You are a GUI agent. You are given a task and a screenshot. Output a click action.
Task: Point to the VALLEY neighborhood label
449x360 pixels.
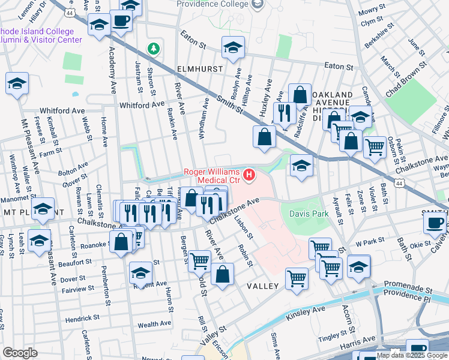point(263,286)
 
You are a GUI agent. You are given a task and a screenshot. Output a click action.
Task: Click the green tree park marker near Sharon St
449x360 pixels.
point(154,47)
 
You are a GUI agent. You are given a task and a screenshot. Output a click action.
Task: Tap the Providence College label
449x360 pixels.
point(212,4)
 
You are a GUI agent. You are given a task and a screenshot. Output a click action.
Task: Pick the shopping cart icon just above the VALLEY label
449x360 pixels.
point(297,278)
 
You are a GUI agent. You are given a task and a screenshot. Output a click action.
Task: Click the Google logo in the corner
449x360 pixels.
point(20,353)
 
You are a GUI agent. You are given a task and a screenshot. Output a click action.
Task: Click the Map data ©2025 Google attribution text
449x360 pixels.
point(411,355)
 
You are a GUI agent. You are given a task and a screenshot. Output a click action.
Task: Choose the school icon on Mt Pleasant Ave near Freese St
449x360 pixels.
point(17,84)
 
